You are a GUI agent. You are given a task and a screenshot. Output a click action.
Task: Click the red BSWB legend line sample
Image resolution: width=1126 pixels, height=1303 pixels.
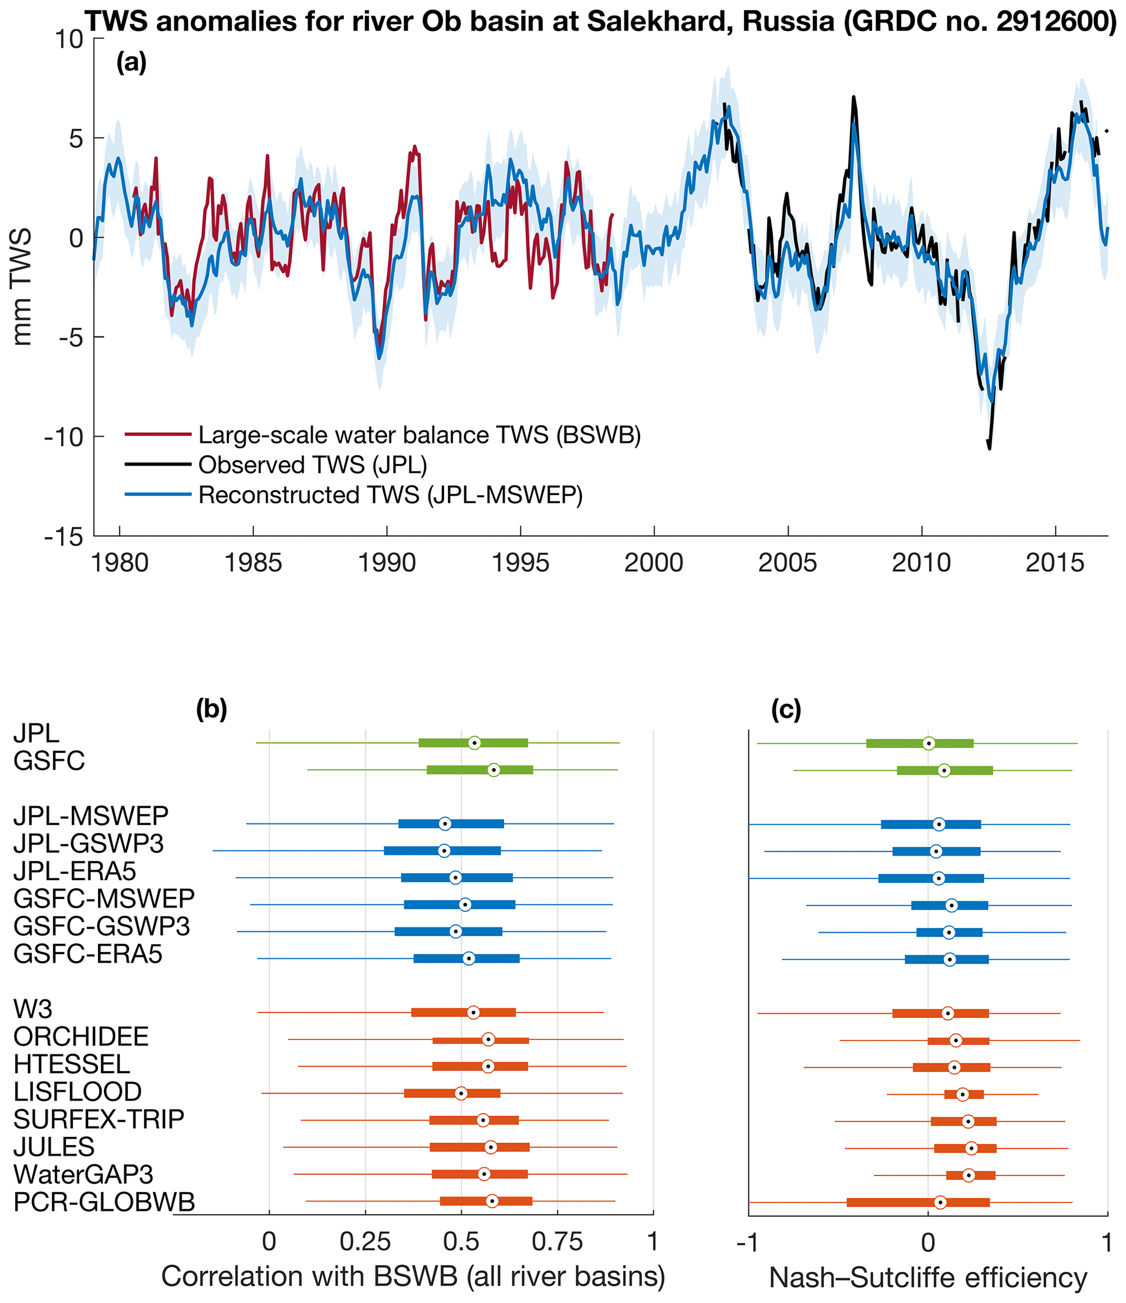(158, 435)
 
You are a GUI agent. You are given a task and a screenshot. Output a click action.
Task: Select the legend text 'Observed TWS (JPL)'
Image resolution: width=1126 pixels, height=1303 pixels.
(313, 465)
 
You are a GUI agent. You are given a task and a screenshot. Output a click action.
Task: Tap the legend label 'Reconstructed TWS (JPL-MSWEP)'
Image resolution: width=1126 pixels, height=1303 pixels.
(391, 495)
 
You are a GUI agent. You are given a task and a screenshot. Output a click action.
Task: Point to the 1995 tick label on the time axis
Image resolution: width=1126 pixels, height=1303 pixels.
(520, 562)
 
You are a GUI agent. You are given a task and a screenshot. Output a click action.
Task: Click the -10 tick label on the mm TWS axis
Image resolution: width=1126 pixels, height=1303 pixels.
(64, 436)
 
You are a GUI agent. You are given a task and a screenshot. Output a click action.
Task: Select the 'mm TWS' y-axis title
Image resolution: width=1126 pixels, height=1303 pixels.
(23, 287)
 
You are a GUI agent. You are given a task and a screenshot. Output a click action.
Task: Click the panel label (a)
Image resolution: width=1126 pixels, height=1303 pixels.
(131, 62)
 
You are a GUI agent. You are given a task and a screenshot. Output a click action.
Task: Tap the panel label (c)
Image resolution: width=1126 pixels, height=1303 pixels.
(786, 709)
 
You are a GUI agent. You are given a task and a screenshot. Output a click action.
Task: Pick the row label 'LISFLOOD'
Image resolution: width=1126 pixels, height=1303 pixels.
(77, 1092)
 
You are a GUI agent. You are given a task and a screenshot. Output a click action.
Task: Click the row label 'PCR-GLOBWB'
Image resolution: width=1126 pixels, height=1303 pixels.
(104, 1202)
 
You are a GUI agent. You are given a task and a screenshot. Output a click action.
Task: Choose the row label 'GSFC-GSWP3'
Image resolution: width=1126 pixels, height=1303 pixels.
(101, 926)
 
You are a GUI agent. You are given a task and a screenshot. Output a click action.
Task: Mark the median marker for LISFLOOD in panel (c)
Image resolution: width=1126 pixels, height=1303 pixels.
(963, 1094)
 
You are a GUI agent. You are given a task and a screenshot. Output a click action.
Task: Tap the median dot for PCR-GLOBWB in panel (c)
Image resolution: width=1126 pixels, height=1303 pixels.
(940, 1202)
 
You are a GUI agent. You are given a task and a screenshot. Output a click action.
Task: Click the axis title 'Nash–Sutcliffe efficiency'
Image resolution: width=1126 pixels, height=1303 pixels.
(928, 1278)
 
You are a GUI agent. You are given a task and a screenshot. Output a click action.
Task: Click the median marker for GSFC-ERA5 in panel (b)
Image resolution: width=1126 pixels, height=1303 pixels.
(468, 958)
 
